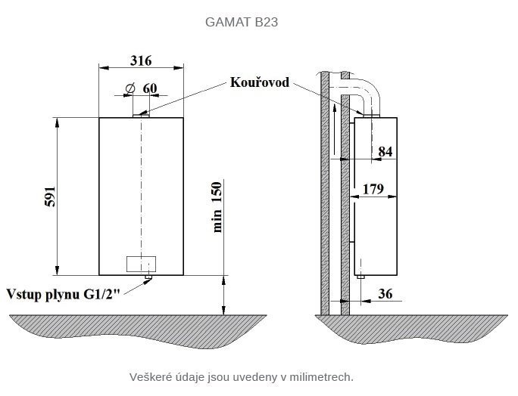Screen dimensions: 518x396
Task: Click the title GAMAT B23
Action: click(x=242, y=22)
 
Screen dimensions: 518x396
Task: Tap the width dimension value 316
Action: click(x=141, y=60)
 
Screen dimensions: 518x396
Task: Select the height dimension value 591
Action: click(x=50, y=196)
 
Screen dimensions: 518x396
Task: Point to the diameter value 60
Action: click(x=150, y=88)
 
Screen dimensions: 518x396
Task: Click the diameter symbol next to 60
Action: click(x=130, y=88)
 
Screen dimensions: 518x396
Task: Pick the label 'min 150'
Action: click(x=217, y=207)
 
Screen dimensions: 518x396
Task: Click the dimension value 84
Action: click(x=385, y=152)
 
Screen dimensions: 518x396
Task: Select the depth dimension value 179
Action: click(x=373, y=189)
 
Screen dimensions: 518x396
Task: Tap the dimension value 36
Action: click(x=385, y=294)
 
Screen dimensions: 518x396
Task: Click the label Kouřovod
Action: click(x=260, y=82)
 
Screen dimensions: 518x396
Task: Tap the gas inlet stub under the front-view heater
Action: click(x=148, y=277)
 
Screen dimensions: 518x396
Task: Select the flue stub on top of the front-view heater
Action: click(x=141, y=116)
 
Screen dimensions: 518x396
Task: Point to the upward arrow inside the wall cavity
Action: click(x=335, y=129)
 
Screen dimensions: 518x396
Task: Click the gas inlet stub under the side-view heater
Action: click(x=360, y=277)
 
